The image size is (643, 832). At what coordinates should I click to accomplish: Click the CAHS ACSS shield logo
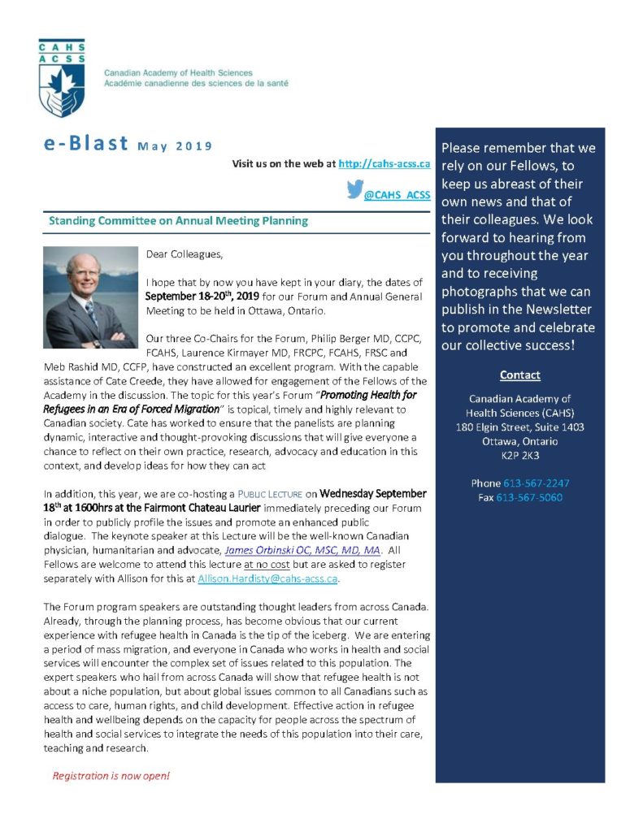pyautogui.click(x=61, y=79)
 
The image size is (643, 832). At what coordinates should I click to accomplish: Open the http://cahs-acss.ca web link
pyautogui.click(x=384, y=163)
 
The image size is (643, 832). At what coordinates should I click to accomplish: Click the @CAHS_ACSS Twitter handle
pyautogui.click(x=397, y=195)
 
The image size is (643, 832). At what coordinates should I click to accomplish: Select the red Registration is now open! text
pyautogui.click(x=111, y=776)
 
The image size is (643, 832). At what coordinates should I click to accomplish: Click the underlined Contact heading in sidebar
pyautogui.click(x=520, y=375)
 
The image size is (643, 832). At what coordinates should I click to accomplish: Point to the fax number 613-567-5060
pyautogui.click(x=529, y=497)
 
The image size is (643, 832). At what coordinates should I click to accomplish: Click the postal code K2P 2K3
pyautogui.click(x=520, y=455)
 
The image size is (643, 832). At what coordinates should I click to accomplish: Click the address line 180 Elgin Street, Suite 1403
pyautogui.click(x=520, y=427)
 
